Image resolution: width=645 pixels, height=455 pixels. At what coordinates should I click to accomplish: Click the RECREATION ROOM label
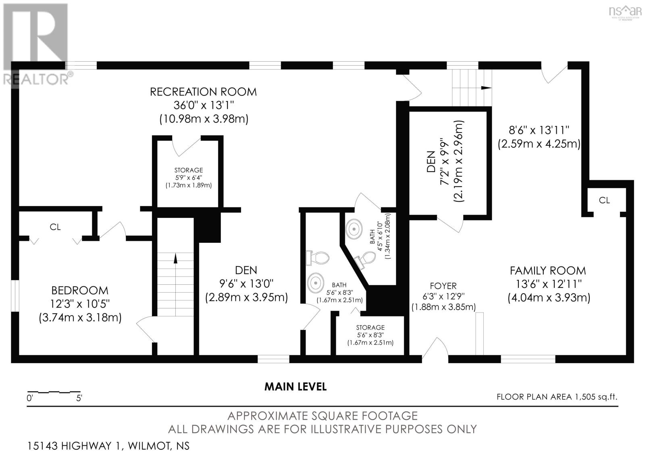point(203,92)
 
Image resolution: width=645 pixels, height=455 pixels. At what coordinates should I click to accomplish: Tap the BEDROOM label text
point(80,290)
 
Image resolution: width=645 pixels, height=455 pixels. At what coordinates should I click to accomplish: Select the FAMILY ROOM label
point(548,271)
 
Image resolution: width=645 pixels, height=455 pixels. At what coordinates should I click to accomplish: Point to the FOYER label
point(443,286)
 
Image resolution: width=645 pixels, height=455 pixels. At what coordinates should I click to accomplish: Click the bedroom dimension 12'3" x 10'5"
point(80,304)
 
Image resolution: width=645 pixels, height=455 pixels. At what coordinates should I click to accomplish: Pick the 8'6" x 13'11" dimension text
point(539,130)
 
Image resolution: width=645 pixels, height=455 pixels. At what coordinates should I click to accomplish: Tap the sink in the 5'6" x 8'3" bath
point(316,283)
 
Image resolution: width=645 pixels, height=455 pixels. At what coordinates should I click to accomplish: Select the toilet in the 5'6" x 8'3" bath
point(318,258)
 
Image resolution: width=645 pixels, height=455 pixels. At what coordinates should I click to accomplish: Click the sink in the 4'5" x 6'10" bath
point(354,229)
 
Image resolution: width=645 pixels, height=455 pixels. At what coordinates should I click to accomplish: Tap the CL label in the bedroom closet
point(55,227)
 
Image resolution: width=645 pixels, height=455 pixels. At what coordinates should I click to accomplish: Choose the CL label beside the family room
point(604,200)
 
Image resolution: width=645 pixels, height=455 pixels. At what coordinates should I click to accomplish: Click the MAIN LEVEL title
point(295,387)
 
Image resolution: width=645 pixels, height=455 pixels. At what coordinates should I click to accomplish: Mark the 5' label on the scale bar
point(79,398)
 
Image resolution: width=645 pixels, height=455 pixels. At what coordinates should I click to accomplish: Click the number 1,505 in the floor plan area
point(585,397)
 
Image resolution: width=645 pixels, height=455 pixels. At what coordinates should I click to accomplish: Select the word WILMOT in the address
point(149,446)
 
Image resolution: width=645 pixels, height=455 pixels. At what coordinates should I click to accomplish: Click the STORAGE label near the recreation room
point(189,170)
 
